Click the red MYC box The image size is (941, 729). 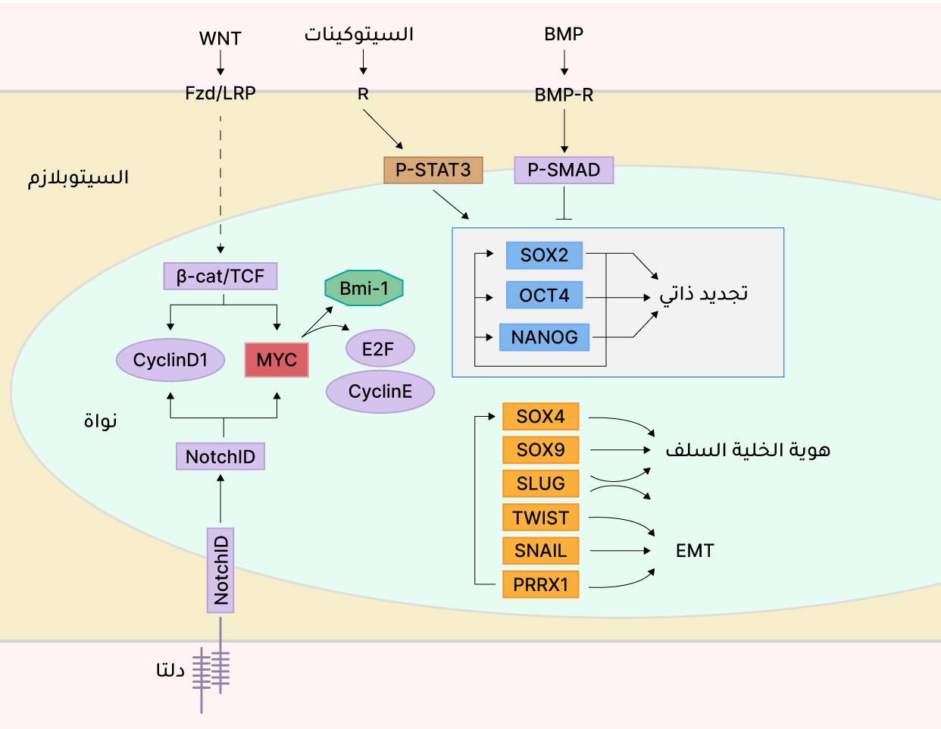click(x=277, y=359)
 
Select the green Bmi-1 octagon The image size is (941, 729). click(x=364, y=288)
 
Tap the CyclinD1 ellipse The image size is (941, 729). click(x=170, y=359)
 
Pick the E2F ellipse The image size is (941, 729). click(x=380, y=349)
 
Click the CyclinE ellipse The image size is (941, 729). click(x=380, y=391)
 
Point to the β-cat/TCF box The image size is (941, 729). click(x=220, y=276)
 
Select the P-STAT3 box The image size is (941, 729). click(x=433, y=170)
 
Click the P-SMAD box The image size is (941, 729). click(x=564, y=170)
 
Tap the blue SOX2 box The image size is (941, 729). click(x=544, y=255)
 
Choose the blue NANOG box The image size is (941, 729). click(x=544, y=337)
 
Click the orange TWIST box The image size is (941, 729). click(x=540, y=517)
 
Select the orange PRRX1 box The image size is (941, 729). click(x=540, y=584)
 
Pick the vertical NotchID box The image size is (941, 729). click(x=220, y=570)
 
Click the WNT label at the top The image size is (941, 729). click(x=220, y=39)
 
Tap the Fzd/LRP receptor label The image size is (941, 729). click(x=220, y=93)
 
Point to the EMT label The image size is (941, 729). click(x=695, y=551)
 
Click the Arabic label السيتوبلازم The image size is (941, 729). click(x=78, y=177)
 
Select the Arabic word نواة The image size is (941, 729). click(x=101, y=421)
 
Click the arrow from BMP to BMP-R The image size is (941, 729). click(x=564, y=62)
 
